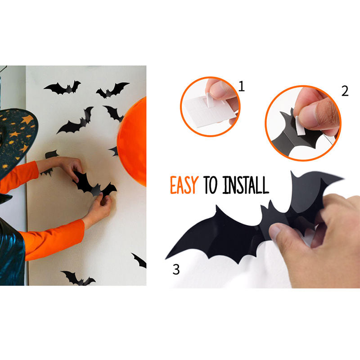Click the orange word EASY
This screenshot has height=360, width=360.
(184, 185)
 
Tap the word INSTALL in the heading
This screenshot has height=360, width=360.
(245, 185)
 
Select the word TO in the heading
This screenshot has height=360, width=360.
(210, 185)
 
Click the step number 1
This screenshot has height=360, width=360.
(241, 86)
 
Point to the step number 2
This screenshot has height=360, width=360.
(345, 91)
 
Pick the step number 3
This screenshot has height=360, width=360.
(176, 269)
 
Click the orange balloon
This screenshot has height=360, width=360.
(132, 142)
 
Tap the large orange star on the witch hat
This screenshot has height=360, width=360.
(27, 119)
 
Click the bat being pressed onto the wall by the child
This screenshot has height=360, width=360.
(94, 185)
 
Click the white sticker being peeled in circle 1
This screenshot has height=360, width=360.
(210, 99)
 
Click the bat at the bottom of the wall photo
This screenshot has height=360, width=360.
(78, 278)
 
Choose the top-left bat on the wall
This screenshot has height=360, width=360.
(63, 88)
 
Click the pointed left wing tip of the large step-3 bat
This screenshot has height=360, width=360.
(166, 258)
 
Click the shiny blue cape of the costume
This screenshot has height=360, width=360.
(12, 252)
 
